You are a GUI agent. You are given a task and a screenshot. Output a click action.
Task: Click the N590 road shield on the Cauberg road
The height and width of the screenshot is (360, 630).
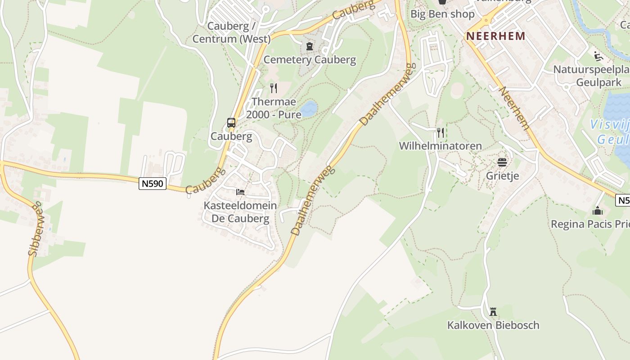click(153, 184)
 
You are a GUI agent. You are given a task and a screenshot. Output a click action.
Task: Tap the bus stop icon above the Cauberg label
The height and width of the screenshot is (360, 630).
click(231, 123)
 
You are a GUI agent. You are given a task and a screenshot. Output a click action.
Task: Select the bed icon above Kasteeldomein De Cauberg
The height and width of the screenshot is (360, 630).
click(240, 192)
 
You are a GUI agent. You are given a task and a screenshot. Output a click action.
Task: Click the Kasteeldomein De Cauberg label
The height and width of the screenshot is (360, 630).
click(240, 212)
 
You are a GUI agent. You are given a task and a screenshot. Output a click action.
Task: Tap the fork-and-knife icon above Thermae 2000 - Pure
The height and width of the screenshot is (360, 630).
click(273, 88)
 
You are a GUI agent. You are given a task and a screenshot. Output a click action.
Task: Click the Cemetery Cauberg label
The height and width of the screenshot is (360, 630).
click(310, 59)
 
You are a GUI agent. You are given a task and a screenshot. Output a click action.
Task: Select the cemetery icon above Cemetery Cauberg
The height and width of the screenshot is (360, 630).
click(309, 46)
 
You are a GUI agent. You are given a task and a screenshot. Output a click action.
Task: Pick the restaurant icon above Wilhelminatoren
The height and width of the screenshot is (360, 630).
click(441, 132)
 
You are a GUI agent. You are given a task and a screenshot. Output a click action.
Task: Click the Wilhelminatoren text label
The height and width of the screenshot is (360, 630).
click(441, 146)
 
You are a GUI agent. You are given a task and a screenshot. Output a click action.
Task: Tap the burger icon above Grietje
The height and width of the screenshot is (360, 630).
click(502, 162)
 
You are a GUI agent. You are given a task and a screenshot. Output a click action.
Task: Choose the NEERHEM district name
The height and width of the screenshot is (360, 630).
click(495, 36)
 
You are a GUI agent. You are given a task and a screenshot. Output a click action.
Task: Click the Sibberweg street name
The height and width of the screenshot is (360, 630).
click(35, 229)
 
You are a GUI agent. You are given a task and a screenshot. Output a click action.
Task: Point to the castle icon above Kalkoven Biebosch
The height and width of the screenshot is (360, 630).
click(493, 311)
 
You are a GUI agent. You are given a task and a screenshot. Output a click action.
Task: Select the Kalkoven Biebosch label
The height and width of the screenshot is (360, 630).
click(493, 325)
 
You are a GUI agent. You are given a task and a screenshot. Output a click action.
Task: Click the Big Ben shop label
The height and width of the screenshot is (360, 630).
click(442, 14)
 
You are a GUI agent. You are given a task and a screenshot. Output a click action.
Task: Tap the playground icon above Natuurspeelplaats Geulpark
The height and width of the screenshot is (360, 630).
click(598, 56)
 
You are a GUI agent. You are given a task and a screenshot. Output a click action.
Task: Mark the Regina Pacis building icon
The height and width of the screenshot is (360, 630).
click(598, 211)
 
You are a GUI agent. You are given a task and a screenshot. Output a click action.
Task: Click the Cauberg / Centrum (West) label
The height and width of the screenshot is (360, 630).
click(232, 32)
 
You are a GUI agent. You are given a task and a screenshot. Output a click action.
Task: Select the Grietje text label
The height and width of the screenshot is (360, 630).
click(502, 175)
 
